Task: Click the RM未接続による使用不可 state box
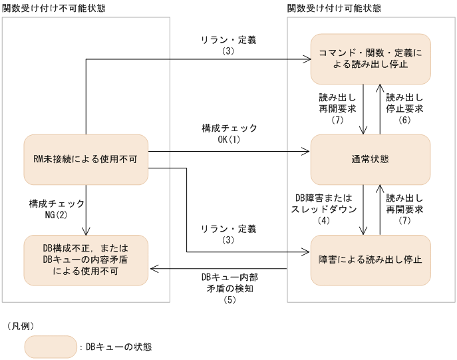pyautogui.click(x=86, y=159)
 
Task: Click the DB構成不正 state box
pyautogui.click(x=86, y=259)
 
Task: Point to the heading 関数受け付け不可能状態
pyautogui.click(x=54, y=7)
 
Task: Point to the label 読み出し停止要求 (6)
pyautogui.click(x=404, y=108)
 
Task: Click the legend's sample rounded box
pyautogui.click(x=50, y=346)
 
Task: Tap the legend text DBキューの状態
pyautogui.click(x=118, y=347)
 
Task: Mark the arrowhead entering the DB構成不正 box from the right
pyautogui.click(x=152, y=270)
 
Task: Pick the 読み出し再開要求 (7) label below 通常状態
pyautogui.click(x=404, y=209)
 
